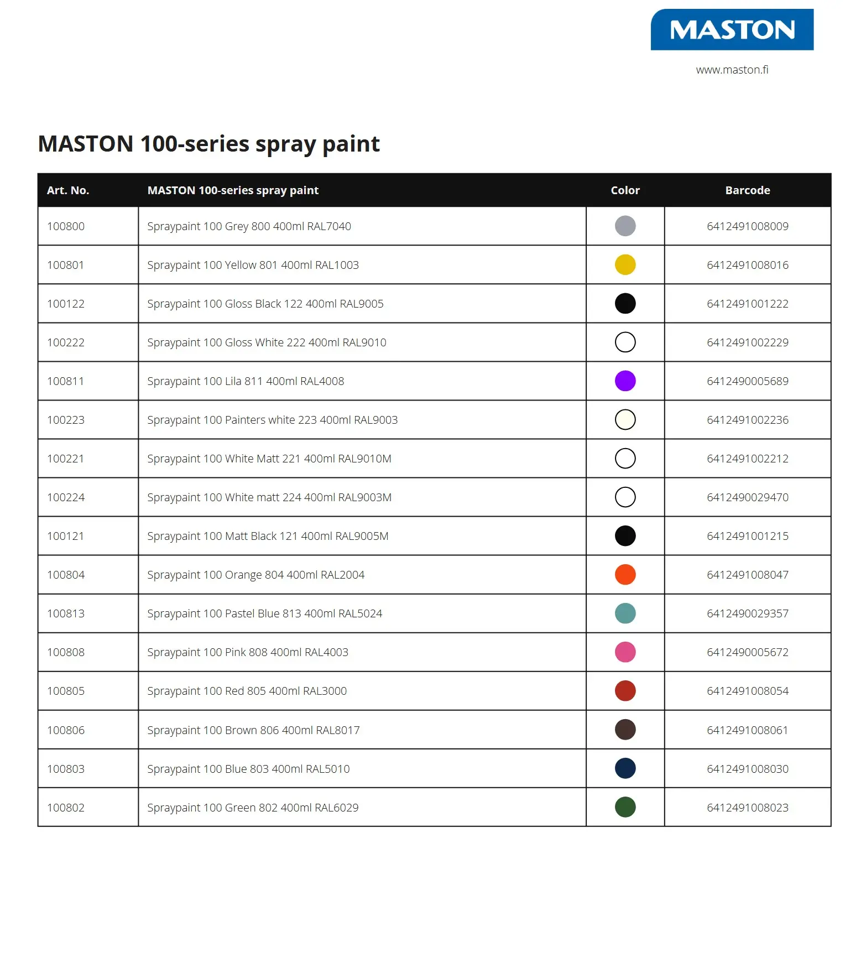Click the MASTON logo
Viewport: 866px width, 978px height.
coord(732,30)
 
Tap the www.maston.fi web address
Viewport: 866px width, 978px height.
coord(732,70)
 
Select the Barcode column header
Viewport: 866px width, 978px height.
coord(747,190)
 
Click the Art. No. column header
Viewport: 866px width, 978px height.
coord(68,190)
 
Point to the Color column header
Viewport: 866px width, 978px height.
coord(625,190)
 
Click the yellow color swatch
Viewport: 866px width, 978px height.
coord(625,265)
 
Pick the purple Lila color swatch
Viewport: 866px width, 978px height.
coord(625,381)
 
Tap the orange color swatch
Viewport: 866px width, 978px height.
coord(625,575)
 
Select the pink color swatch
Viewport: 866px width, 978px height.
coord(625,652)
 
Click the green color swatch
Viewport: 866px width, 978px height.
coord(625,807)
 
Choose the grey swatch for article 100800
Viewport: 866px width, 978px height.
coord(625,226)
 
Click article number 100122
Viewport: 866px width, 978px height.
coord(66,304)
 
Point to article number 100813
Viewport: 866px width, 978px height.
coord(66,613)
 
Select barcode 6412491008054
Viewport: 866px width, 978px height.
coord(747,691)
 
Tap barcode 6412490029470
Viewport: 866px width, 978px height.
coord(747,497)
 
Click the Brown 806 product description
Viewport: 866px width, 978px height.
coord(253,730)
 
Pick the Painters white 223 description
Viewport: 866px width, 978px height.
coord(272,420)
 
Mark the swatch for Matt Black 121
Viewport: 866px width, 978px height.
coord(625,536)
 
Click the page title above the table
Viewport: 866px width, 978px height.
coord(208,144)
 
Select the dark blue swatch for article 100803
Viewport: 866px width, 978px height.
coord(625,768)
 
